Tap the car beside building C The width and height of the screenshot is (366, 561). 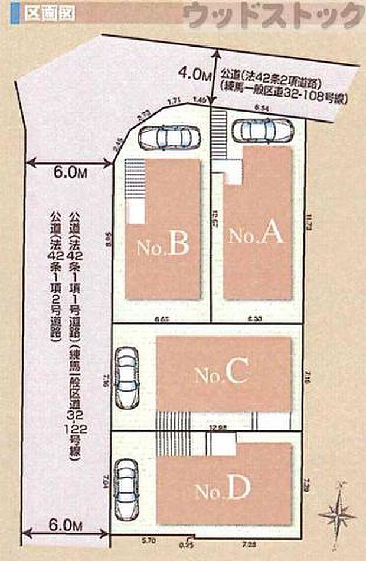pos(126,377)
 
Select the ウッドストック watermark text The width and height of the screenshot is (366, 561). pos(273,15)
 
